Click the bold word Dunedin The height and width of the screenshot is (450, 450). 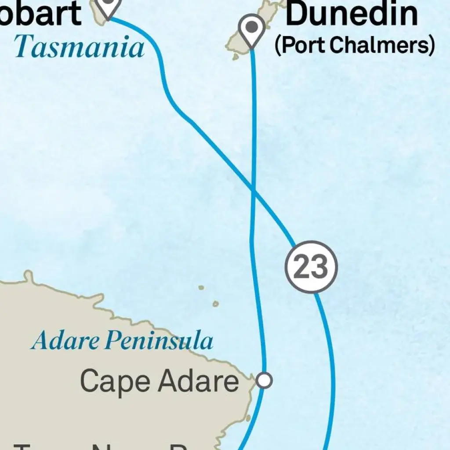352,14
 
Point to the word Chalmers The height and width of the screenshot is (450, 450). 381,44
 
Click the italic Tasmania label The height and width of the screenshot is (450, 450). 79,47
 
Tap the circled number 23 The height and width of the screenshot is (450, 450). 311,267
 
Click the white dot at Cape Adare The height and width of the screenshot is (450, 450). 264,380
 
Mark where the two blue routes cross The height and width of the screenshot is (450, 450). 254,190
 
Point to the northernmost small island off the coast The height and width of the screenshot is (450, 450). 201,288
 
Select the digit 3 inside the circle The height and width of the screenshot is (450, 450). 319,267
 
